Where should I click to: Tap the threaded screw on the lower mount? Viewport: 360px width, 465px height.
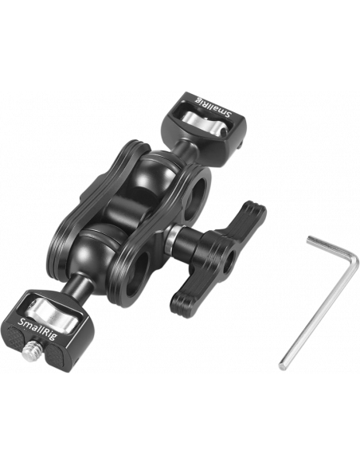click(30, 349)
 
